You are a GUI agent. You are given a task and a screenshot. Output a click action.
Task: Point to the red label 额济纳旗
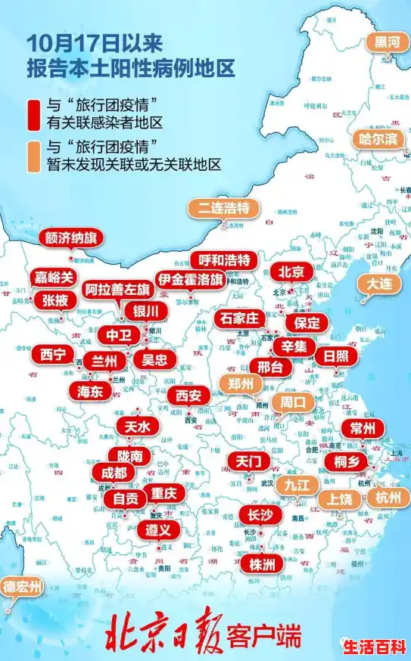(x=71, y=238)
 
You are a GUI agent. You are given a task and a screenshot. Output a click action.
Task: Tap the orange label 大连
(x=379, y=284)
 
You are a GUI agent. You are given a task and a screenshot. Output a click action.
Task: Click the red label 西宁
(x=52, y=354)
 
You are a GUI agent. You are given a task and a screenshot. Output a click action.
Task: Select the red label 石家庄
(x=241, y=318)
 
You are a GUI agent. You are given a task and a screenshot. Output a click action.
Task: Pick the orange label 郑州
(x=240, y=383)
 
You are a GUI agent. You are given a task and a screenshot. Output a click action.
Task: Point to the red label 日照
(x=336, y=355)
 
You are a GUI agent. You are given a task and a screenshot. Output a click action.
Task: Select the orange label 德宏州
(x=22, y=587)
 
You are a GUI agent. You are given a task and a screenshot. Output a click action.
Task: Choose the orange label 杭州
(x=391, y=497)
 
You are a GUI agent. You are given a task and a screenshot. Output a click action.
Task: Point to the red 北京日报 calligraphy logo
(x=167, y=634)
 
